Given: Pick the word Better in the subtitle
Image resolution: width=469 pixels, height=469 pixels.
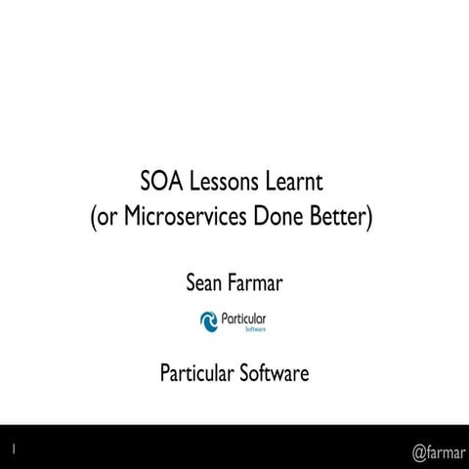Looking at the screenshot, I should (x=335, y=216).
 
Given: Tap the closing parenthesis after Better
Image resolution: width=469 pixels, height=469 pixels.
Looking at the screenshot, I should (x=369, y=217).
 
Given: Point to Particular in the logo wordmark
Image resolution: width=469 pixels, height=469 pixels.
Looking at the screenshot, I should (x=245, y=319).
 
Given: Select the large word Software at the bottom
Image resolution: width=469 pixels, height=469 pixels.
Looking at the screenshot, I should (x=275, y=372).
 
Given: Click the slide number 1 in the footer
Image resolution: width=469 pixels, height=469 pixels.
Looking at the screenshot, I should (x=14, y=448).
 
